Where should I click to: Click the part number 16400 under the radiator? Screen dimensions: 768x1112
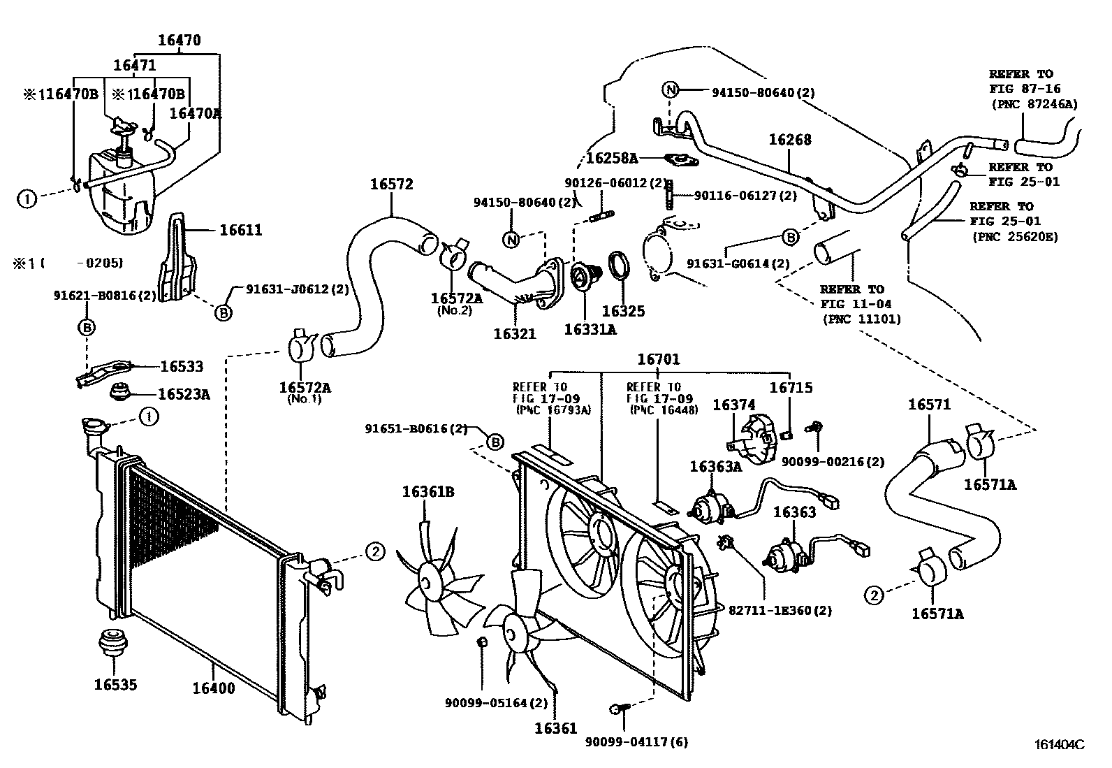pyautogui.click(x=214, y=688)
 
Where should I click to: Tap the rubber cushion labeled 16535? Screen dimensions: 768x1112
pyautogui.click(x=115, y=643)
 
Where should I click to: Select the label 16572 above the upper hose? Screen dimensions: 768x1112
pyautogui.click(x=391, y=184)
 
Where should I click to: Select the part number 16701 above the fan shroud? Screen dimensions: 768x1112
pyautogui.click(x=658, y=359)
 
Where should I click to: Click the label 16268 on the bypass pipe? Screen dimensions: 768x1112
pyautogui.click(x=790, y=140)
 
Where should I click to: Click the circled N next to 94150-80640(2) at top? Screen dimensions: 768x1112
pyautogui.click(x=670, y=89)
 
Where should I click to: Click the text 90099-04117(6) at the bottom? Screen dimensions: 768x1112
pyautogui.click(x=636, y=742)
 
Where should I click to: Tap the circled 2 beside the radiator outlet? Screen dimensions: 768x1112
pyautogui.click(x=375, y=551)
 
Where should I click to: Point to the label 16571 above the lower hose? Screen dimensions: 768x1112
pyautogui.click(x=929, y=405)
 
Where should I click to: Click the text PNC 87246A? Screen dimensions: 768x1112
pyautogui.click(x=1035, y=104)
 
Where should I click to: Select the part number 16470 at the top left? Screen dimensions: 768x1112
pyautogui.click(x=179, y=41)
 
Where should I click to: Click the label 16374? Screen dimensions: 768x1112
pyautogui.click(x=733, y=405)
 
